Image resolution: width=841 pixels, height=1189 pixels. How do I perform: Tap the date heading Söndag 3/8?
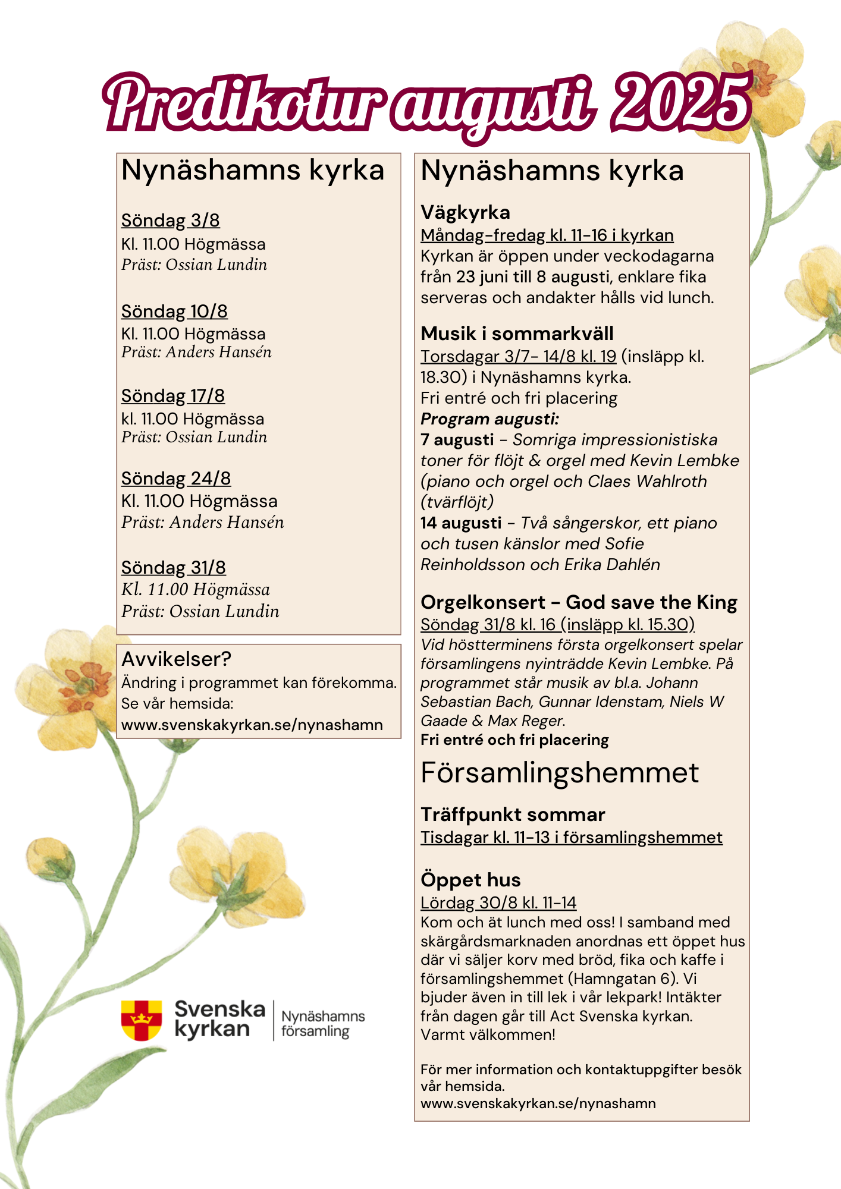171,221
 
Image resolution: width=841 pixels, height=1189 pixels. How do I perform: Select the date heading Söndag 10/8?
174,312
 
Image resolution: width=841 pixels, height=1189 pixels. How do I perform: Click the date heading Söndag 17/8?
173,396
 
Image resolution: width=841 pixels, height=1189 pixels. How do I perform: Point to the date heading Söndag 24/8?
176,479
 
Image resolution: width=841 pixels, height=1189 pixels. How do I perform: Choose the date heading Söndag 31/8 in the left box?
174,568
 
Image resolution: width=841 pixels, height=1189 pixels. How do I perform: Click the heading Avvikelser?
176,659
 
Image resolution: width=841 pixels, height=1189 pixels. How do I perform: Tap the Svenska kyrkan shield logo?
142,1020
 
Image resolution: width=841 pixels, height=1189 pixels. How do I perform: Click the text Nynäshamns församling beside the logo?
323,1024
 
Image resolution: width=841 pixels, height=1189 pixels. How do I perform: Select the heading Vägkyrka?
465,212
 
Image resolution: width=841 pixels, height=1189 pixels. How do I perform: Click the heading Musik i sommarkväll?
517,334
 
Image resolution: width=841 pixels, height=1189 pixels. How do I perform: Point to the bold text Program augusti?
489,419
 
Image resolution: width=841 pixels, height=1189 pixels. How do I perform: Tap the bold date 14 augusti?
461,523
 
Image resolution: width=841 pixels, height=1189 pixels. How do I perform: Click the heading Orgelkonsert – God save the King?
579,602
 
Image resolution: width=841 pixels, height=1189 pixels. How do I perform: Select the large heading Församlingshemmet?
560,773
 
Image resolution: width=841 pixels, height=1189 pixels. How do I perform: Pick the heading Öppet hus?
470,880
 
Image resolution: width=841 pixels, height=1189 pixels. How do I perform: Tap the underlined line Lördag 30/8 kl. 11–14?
498,903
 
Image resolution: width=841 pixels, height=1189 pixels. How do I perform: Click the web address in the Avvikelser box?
252,725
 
